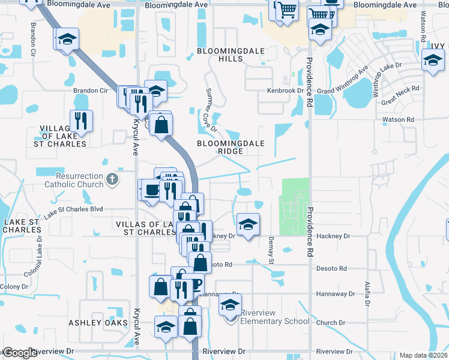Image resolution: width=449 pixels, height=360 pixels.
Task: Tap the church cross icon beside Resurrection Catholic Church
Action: click(112, 179)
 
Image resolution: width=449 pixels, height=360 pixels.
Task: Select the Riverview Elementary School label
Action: click(274, 317)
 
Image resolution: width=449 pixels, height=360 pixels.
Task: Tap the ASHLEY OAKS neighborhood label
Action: click(98, 323)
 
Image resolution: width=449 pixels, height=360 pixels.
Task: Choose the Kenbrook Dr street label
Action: click(286, 91)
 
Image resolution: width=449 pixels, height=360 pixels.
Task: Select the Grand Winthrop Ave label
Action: click(343, 83)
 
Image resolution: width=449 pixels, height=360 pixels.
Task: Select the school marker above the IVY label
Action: click(432, 59)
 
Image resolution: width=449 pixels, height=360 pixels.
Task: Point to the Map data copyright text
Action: click(424, 355)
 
